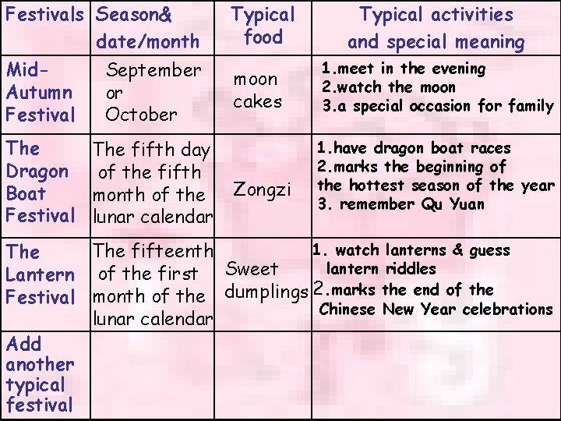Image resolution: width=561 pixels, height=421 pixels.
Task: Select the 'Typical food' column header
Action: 263,25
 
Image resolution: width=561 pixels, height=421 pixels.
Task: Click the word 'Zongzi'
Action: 263,189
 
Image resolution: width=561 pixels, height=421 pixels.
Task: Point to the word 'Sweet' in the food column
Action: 251,269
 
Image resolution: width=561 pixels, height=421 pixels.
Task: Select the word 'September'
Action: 153,70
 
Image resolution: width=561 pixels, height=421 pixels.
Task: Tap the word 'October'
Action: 141,115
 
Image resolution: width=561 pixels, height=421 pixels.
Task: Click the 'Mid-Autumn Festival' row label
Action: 40,92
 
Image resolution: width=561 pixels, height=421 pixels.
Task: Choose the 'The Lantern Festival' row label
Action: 40,274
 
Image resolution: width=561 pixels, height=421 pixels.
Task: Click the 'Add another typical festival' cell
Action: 40,374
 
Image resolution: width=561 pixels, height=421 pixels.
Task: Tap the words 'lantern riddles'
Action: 380,269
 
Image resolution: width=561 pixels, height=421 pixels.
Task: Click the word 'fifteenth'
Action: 175,251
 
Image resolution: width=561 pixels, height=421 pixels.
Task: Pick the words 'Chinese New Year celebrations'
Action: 436,310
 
